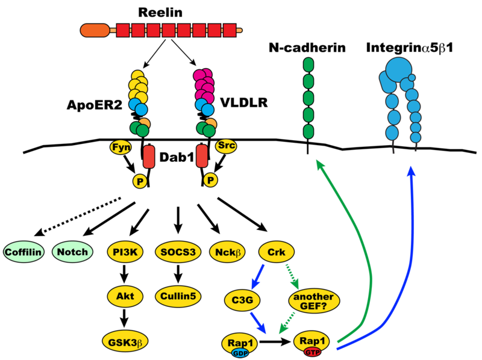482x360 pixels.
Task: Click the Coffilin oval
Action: (23, 252)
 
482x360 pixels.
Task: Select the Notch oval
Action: (72, 252)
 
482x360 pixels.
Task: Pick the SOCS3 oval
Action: (178, 252)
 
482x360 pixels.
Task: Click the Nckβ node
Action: (228, 252)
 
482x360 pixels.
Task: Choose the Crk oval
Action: (276, 252)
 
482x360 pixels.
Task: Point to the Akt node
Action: (125, 296)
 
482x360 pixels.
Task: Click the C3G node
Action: (242, 299)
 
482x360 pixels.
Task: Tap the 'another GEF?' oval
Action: (314, 299)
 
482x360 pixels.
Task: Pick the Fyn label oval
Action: (120, 147)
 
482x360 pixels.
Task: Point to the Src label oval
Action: (225, 146)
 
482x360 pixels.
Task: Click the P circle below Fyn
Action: (140, 181)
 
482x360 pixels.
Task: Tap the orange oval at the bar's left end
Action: (95, 30)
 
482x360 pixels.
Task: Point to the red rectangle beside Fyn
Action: (149, 157)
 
